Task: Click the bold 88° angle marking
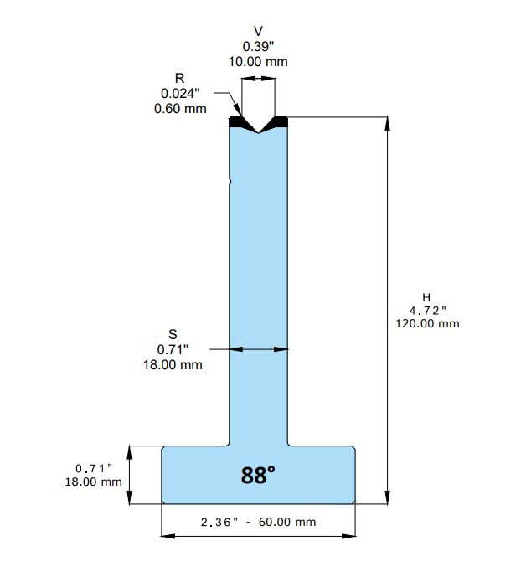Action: pyautogui.click(x=258, y=475)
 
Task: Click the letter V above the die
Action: pyautogui.click(x=258, y=31)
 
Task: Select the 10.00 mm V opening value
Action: pyautogui.click(x=258, y=62)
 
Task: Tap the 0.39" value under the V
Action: pyautogui.click(x=258, y=46)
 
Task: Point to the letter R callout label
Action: pyautogui.click(x=180, y=79)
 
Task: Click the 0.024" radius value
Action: pyautogui.click(x=180, y=94)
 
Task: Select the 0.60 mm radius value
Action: pyautogui.click(x=180, y=109)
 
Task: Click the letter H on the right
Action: pyautogui.click(x=426, y=297)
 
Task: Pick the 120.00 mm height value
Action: pyautogui.click(x=427, y=324)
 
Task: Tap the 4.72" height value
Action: pyautogui.click(x=427, y=311)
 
